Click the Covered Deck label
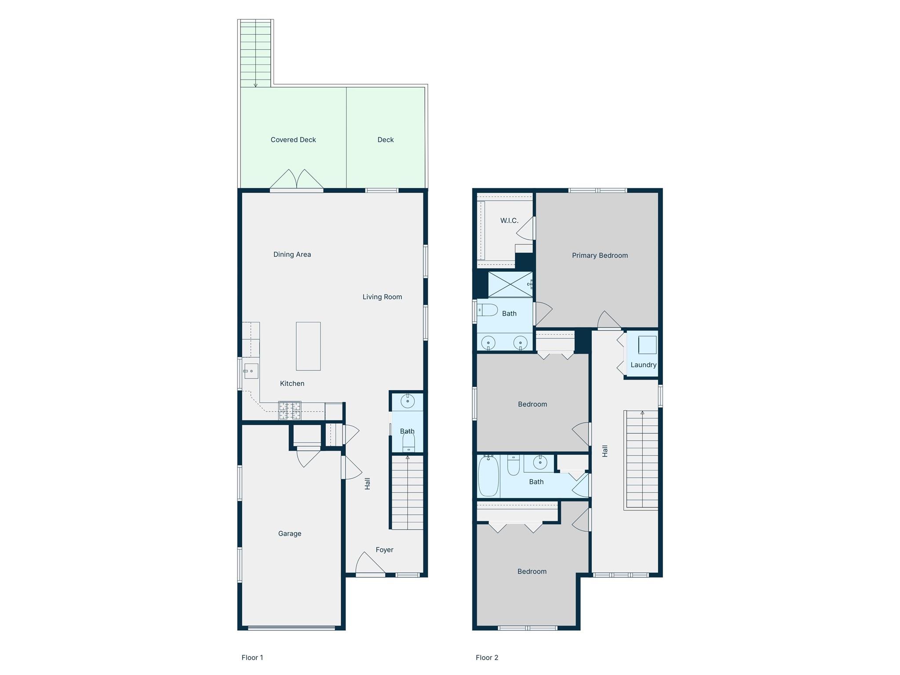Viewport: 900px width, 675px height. (x=293, y=140)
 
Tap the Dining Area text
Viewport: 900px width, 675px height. (x=292, y=255)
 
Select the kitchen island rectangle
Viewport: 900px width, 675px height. (x=308, y=346)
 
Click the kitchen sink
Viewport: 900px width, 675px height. (x=251, y=371)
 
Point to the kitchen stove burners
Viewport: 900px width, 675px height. (x=290, y=411)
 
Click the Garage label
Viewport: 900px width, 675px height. (x=290, y=534)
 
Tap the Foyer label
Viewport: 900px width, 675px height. (x=384, y=550)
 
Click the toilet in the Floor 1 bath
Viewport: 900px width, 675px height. (x=408, y=441)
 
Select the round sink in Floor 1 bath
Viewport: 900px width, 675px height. (x=408, y=401)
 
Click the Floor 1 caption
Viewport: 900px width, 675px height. (x=252, y=657)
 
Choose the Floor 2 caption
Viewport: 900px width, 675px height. (x=487, y=657)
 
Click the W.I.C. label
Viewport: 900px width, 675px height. (x=509, y=221)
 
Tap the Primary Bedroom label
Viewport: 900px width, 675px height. (x=600, y=255)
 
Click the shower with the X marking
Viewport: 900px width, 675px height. (x=510, y=285)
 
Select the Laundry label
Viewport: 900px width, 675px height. (x=643, y=365)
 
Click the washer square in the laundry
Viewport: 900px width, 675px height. (x=647, y=345)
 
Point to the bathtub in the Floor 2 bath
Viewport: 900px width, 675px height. (x=488, y=476)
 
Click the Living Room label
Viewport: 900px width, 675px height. (x=382, y=297)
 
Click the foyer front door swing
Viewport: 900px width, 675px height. (x=370, y=563)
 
